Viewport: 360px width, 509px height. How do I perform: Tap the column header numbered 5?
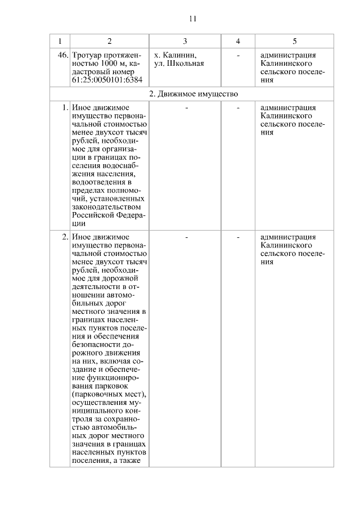[x=295, y=42]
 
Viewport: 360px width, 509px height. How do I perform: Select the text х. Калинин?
[x=175, y=56]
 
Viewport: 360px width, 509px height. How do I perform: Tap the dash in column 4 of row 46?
[x=238, y=56]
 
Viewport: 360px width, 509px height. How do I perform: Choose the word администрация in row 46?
[x=289, y=56]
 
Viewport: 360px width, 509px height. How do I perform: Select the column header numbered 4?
[x=238, y=42]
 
